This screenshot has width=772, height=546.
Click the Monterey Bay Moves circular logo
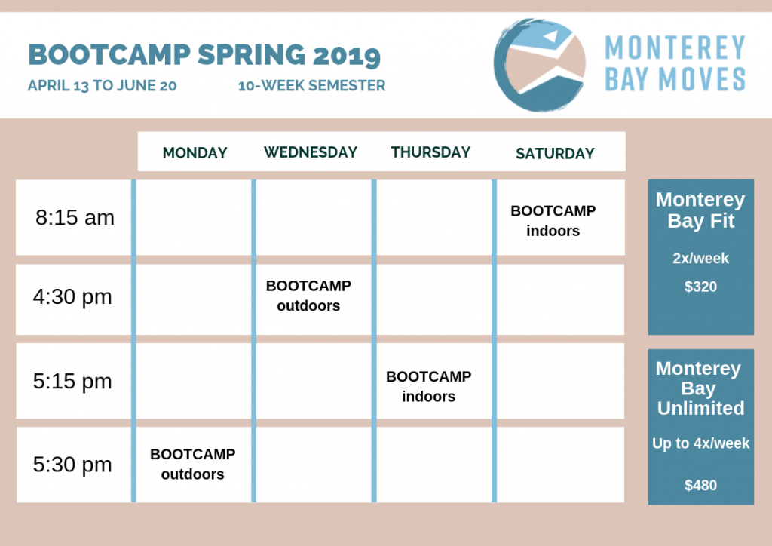point(540,65)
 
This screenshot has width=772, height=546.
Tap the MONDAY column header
point(195,152)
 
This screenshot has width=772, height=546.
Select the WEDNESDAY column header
point(311,152)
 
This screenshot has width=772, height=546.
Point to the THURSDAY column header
point(430,152)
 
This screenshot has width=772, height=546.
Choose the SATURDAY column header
point(555,154)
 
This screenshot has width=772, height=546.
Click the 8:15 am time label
point(75,218)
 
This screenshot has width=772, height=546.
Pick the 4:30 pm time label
point(72,297)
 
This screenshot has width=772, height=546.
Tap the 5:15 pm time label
point(72,382)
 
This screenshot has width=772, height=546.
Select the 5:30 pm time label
point(72,465)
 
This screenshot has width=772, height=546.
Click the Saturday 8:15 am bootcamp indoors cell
point(553,220)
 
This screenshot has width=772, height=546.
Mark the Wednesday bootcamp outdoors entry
point(308,296)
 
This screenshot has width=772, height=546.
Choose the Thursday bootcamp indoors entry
point(428,386)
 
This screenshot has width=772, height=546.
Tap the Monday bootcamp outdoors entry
point(192,464)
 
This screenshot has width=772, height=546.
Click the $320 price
point(700,287)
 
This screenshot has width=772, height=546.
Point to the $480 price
point(700,486)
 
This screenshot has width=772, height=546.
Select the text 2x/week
point(700,259)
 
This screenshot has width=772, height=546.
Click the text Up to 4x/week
point(700,443)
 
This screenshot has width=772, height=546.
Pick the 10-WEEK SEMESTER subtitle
point(311,86)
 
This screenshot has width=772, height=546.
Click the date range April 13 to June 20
point(102,86)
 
